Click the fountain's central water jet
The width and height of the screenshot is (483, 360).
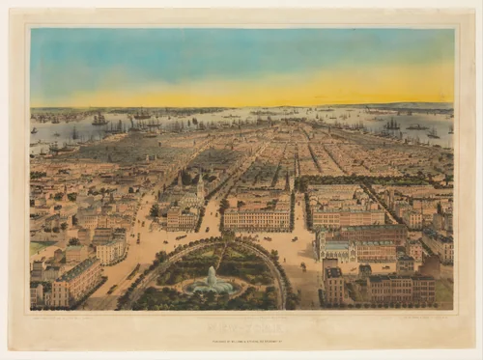tap(211, 276)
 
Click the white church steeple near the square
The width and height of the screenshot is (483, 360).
tap(200, 184)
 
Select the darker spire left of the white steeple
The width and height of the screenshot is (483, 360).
tap(180, 180)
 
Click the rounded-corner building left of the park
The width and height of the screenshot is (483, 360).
tap(109, 250)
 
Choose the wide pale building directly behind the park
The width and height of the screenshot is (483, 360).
tap(256, 217)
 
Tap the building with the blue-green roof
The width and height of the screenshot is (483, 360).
tap(338, 250)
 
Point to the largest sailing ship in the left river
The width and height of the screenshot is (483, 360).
tap(99, 120)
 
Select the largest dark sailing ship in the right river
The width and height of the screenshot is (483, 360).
tap(391, 125)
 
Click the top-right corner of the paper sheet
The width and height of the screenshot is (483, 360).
tap(474, 10)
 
